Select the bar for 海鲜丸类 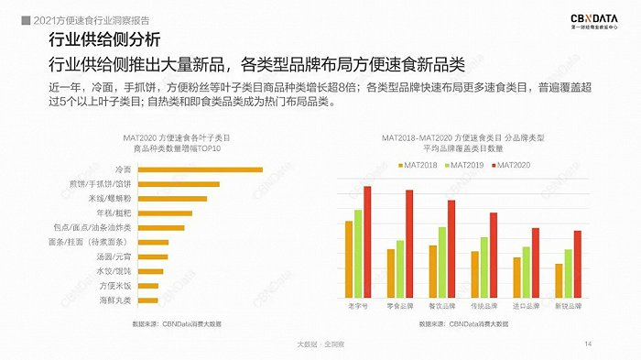click(147, 300)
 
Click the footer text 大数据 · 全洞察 click(320, 344)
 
